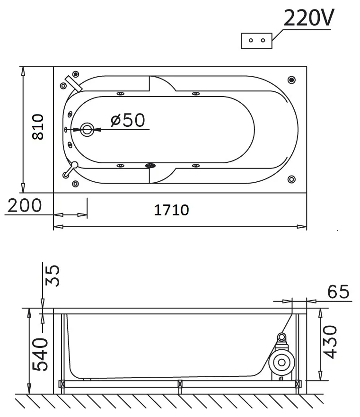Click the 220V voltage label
point(309,18)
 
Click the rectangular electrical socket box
point(256,41)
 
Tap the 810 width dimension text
point(38,127)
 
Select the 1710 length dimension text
point(172,210)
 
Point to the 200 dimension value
point(25,205)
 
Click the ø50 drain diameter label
point(128,120)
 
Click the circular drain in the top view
point(87,130)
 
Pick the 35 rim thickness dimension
point(53,275)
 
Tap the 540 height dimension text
point(40,354)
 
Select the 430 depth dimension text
point(330,342)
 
